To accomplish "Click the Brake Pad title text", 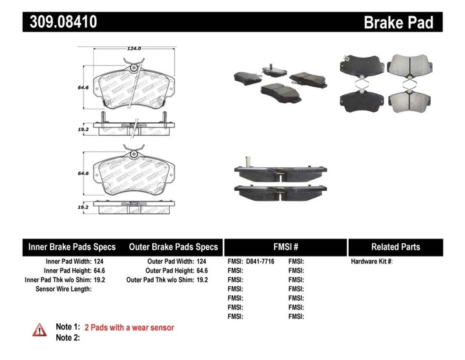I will (398, 23).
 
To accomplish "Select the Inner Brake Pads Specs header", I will (72, 247).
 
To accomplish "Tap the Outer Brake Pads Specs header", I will (173, 247).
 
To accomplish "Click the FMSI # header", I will (285, 247).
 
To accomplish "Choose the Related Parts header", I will (395, 247).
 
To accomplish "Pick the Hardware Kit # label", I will (371, 262).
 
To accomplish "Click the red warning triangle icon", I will (39, 330).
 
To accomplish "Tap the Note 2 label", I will (68, 338).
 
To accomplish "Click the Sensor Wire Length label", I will (63, 289).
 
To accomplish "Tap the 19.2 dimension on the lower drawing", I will (83, 208).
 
